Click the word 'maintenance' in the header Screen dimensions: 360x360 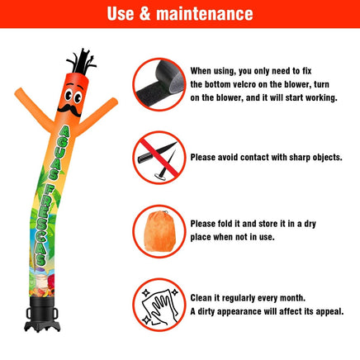205,14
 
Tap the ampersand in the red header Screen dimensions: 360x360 144,14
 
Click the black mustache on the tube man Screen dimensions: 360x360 69,110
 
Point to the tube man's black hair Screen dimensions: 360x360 82,62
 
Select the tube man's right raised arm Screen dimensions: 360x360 97,116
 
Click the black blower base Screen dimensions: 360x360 42,315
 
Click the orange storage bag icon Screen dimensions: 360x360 160,231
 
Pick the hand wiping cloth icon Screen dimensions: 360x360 159,306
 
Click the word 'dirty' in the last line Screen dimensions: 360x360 206,311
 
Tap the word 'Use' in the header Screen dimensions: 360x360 121,14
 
